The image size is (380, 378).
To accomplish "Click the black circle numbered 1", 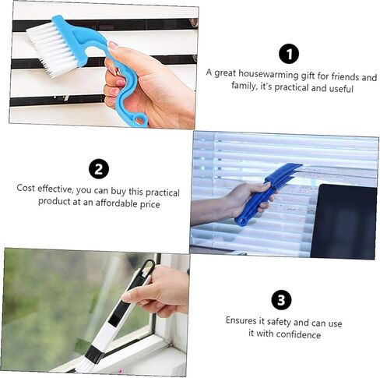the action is click(289, 54).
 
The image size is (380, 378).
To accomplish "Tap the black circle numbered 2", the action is click(99, 169).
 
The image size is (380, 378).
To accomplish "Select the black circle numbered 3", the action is click(281, 300).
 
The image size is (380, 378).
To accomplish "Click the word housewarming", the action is click(269, 75).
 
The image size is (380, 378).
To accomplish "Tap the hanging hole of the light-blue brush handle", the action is click(140, 120).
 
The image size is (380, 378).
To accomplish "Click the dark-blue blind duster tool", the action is click(263, 193).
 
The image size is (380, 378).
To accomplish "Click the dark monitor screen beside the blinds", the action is click(343, 221).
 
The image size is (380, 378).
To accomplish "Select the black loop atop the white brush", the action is click(146, 267).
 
